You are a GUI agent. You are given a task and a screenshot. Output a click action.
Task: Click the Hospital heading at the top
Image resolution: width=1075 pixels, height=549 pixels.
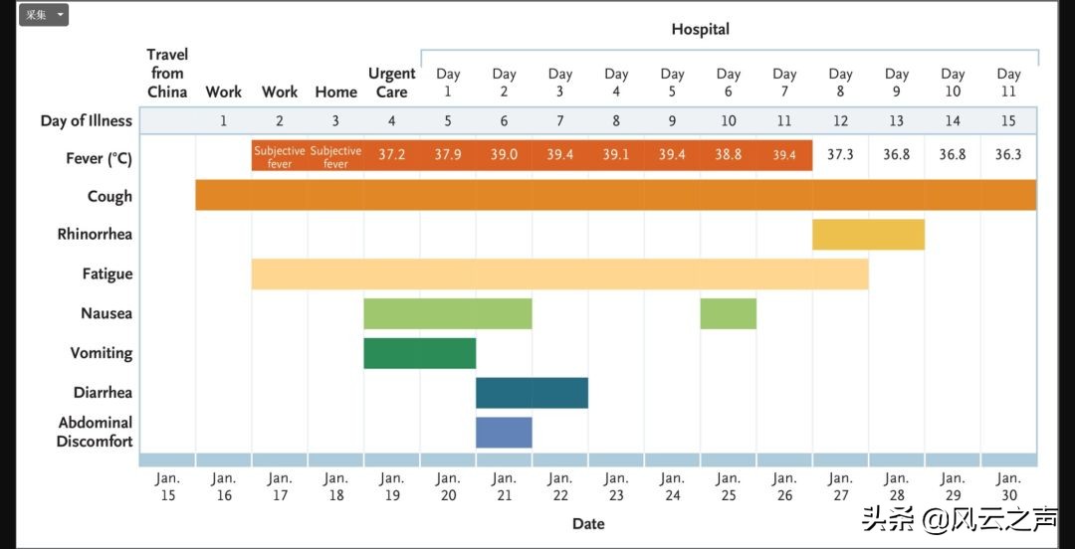700,29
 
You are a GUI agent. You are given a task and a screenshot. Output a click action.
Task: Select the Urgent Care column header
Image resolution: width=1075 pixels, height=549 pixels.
391,83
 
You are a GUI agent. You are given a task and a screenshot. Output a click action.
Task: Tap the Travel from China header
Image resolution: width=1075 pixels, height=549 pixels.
167,73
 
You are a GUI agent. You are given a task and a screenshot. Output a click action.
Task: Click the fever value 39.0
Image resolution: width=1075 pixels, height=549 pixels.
504,155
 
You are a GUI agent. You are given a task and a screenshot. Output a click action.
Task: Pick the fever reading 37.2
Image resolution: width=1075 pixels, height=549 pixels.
391,155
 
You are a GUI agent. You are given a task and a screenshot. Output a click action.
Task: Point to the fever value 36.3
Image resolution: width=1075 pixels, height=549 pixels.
1008,155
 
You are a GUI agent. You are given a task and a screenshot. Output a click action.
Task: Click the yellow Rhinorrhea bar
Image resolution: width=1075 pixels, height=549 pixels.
868,235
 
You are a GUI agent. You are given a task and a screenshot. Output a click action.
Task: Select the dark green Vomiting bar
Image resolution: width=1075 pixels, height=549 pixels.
419,353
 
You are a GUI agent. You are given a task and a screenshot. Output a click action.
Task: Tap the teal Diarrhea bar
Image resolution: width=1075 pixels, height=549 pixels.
532,393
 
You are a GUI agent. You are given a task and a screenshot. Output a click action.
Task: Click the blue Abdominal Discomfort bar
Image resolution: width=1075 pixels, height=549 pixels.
504,432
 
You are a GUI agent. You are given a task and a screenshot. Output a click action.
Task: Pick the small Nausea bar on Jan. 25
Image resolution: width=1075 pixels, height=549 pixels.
728,313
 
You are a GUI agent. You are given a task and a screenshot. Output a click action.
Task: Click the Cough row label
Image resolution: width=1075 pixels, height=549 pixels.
109,196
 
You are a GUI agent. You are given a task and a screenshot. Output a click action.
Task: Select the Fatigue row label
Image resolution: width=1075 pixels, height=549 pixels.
107,274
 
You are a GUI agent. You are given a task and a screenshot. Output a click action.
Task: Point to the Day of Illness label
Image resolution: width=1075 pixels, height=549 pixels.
86,121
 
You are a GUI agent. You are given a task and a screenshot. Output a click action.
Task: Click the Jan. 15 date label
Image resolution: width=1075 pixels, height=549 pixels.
167,486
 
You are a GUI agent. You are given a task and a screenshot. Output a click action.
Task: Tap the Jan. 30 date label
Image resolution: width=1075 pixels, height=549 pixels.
1008,486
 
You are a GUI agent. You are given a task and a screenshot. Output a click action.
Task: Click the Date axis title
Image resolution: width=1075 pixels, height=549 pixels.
588,523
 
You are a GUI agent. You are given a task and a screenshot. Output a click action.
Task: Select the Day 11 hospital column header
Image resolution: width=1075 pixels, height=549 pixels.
1008,83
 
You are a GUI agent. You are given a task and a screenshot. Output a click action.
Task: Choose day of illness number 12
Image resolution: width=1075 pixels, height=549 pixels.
840,121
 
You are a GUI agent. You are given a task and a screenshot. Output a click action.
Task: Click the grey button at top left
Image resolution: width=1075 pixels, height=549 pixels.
43,15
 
